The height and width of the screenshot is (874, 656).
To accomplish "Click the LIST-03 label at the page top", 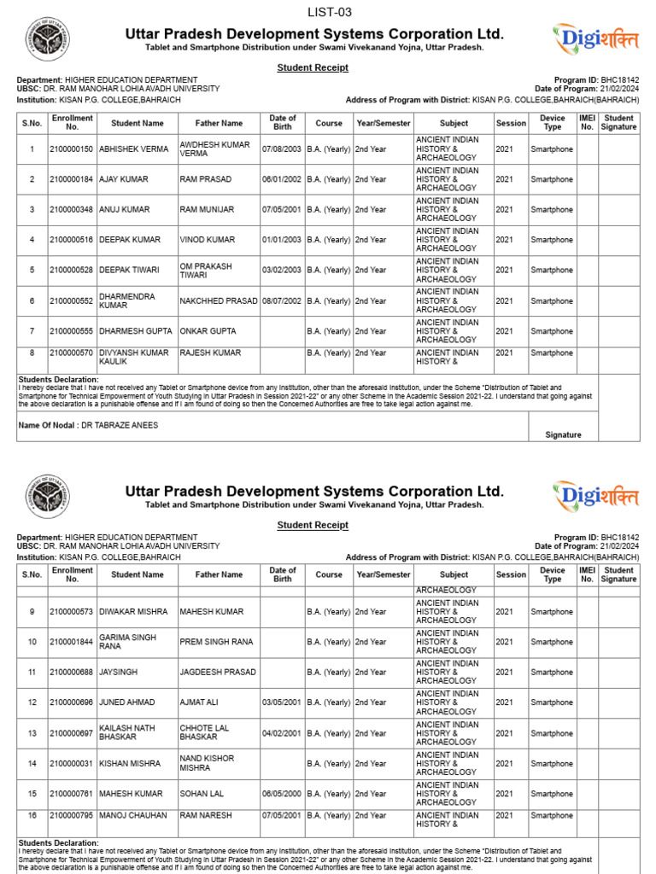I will click(329, 12).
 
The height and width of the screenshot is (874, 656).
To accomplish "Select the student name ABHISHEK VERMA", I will click(134, 149).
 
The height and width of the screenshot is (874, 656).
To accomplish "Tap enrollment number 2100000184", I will click(72, 179).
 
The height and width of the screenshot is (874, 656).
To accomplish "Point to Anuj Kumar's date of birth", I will click(282, 210).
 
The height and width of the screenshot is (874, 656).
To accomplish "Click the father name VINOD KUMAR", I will click(207, 240).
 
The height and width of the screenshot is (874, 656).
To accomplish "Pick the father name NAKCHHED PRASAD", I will click(218, 301).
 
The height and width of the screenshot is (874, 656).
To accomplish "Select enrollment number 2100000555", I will click(72, 331).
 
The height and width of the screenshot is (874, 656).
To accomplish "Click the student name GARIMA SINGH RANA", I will click(128, 642).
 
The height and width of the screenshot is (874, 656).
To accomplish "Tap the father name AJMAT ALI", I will click(200, 702).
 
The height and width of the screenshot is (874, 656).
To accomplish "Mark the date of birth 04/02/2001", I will click(282, 733).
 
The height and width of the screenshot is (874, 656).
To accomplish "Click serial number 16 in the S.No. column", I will click(32, 816).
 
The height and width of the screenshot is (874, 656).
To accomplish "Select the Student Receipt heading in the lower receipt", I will click(313, 525).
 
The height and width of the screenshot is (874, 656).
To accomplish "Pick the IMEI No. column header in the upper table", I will click(587, 122).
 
